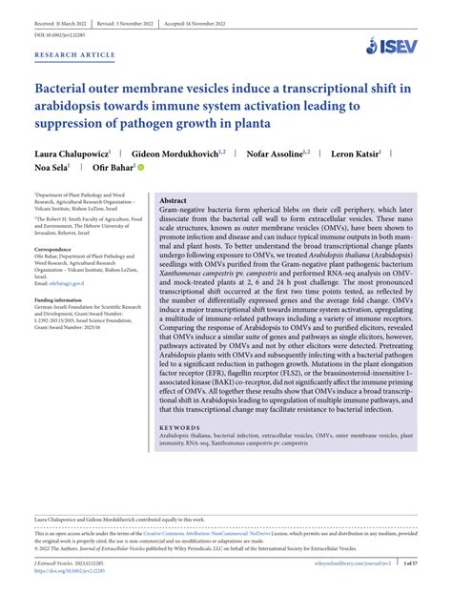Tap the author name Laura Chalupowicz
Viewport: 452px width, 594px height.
coord(72,152)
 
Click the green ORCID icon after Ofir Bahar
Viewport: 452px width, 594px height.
coord(140,168)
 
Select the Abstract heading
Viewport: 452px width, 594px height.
coord(173,201)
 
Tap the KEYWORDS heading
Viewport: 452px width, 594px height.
coord(180,427)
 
